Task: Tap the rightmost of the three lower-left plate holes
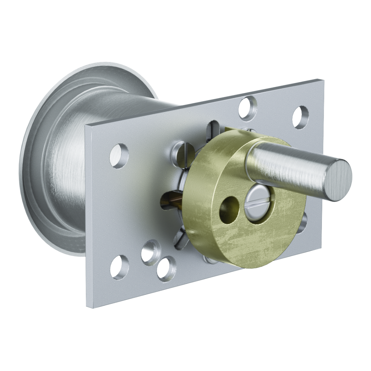tap(166, 268)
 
